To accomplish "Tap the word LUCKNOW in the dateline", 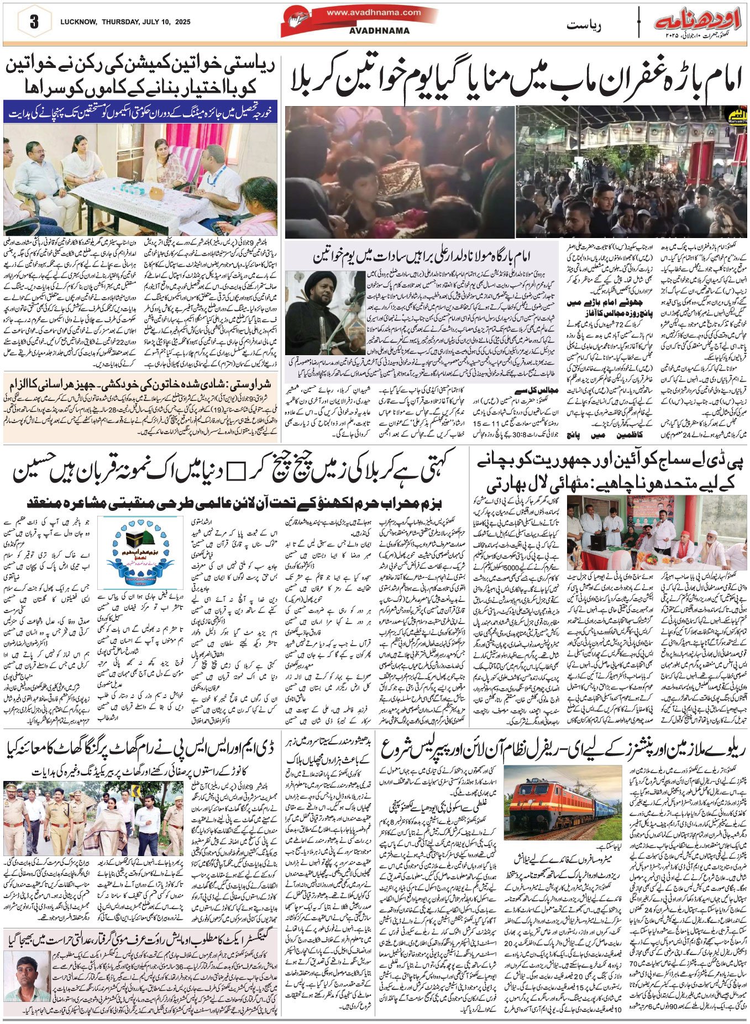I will pyautogui.click(x=77, y=22).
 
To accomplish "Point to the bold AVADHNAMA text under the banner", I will pyautogui.click(x=379, y=31).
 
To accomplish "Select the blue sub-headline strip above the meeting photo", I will pyautogui.click(x=141, y=112).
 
